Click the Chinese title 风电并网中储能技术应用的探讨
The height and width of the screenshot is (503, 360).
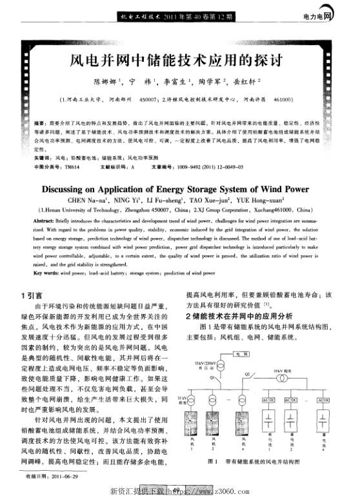177,62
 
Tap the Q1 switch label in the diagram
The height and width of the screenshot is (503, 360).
212,379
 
